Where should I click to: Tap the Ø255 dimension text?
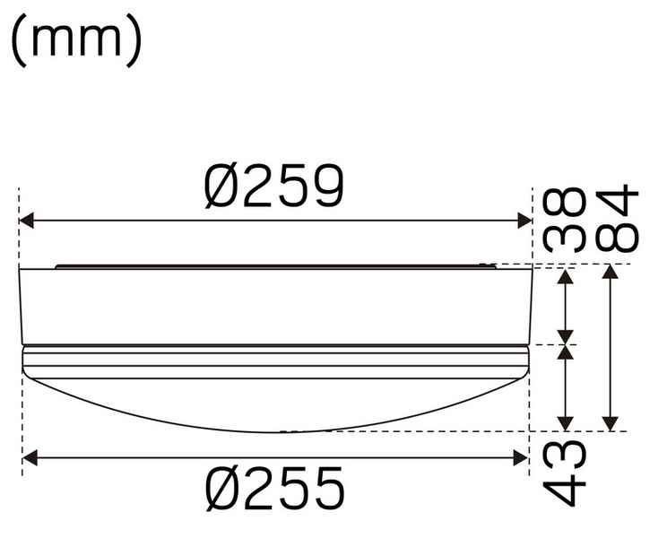coord(273,489)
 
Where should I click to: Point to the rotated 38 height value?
coord(566,219)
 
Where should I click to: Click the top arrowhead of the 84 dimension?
coord(611,272)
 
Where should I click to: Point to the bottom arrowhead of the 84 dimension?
coord(611,423)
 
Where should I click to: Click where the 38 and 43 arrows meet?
coord(566,344)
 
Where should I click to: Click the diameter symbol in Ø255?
coord(221,489)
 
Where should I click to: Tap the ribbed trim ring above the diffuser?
coord(274,362)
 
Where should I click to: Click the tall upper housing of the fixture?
coord(274,306)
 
